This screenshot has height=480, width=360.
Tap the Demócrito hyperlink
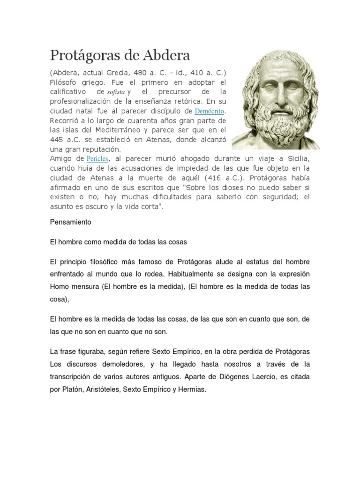[210, 111]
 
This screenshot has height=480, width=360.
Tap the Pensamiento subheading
[70, 222]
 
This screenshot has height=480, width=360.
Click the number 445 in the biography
[58, 140]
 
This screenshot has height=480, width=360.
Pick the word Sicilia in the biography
[296, 159]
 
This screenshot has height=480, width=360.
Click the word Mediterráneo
[106, 130]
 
